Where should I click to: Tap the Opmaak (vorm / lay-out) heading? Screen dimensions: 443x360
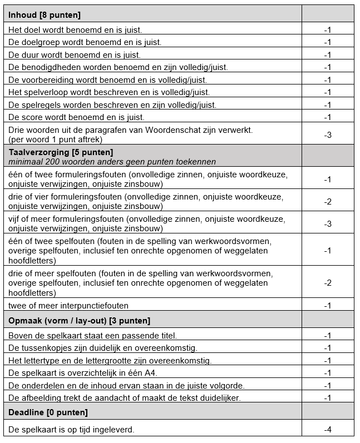(79, 321)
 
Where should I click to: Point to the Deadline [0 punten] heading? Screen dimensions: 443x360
(48, 412)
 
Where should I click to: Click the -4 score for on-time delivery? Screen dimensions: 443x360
(328, 430)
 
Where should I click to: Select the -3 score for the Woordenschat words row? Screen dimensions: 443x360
(328, 135)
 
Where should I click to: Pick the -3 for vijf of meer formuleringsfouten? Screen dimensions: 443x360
(328, 223)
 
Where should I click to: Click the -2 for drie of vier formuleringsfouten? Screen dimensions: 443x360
(328, 201)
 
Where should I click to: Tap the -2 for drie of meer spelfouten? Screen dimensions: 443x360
(328, 283)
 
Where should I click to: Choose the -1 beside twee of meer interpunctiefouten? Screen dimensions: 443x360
(328, 306)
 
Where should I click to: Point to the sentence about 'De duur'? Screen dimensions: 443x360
(75, 54)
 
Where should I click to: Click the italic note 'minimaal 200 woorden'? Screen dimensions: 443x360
(112, 161)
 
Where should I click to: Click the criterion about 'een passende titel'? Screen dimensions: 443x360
(92, 335)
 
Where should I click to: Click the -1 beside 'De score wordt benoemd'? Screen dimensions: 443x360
(328, 117)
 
